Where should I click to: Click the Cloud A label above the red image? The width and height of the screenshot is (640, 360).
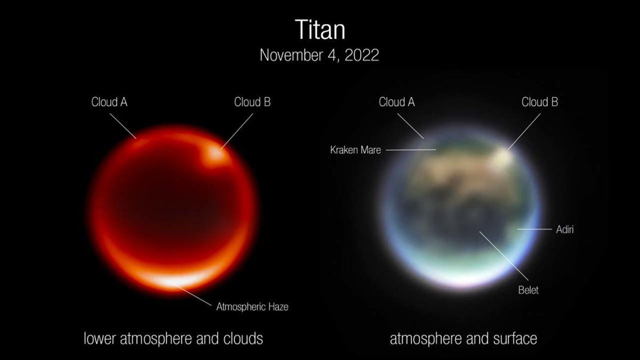click(x=109, y=102)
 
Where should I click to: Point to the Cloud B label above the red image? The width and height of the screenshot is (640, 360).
click(x=252, y=102)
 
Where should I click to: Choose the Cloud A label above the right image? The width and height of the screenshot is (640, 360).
click(x=397, y=102)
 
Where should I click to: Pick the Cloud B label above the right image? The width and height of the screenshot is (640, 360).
click(x=540, y=102)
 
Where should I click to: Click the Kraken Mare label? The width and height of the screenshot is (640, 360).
click(x=356, y=150)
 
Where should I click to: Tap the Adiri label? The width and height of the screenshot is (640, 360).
click(x=564, y=229)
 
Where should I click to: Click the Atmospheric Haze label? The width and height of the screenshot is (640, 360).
click(x=252, y=307)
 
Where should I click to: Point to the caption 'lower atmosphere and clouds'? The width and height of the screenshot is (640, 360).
click(x=173, y=338)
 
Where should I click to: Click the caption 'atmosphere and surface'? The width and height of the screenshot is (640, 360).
click(x=463, y=338)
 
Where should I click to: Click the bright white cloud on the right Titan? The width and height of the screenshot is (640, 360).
click(x=502, y=155)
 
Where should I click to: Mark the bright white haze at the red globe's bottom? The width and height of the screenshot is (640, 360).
click(x=171, y=280)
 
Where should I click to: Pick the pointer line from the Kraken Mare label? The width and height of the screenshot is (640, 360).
click(x=411, y=150)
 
